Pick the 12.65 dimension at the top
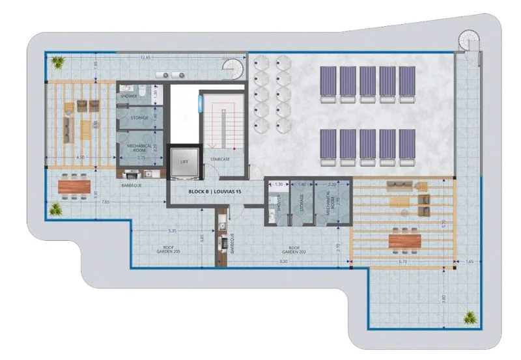145,58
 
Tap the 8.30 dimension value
283,262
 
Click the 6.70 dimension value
402,262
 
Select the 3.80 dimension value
444,297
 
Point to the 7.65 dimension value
105,202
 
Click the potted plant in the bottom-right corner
470,318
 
